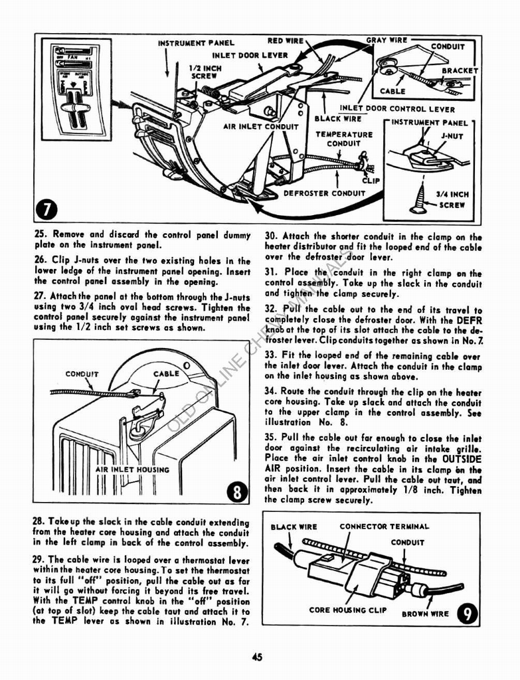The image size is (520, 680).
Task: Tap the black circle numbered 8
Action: [x=236, y=492]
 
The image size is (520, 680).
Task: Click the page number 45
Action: [x=258, y=657]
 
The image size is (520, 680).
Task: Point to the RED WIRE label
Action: [x=286, y=41]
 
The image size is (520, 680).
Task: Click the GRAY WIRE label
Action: [x=387, y=41]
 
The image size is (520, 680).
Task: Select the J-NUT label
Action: [x=452, y=137]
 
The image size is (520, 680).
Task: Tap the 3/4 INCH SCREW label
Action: [x=452, y=200]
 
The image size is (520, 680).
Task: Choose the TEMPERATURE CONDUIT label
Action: [x=344, y=139]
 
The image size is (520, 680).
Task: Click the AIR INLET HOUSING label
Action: [x=132, y=469]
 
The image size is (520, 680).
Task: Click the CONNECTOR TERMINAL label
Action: [x=384, y=527]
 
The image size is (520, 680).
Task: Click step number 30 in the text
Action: [x=271, y=236]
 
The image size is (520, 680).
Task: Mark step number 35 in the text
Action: [x=271, y=438]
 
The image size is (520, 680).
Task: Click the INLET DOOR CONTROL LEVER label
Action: [x=397, y=109]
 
